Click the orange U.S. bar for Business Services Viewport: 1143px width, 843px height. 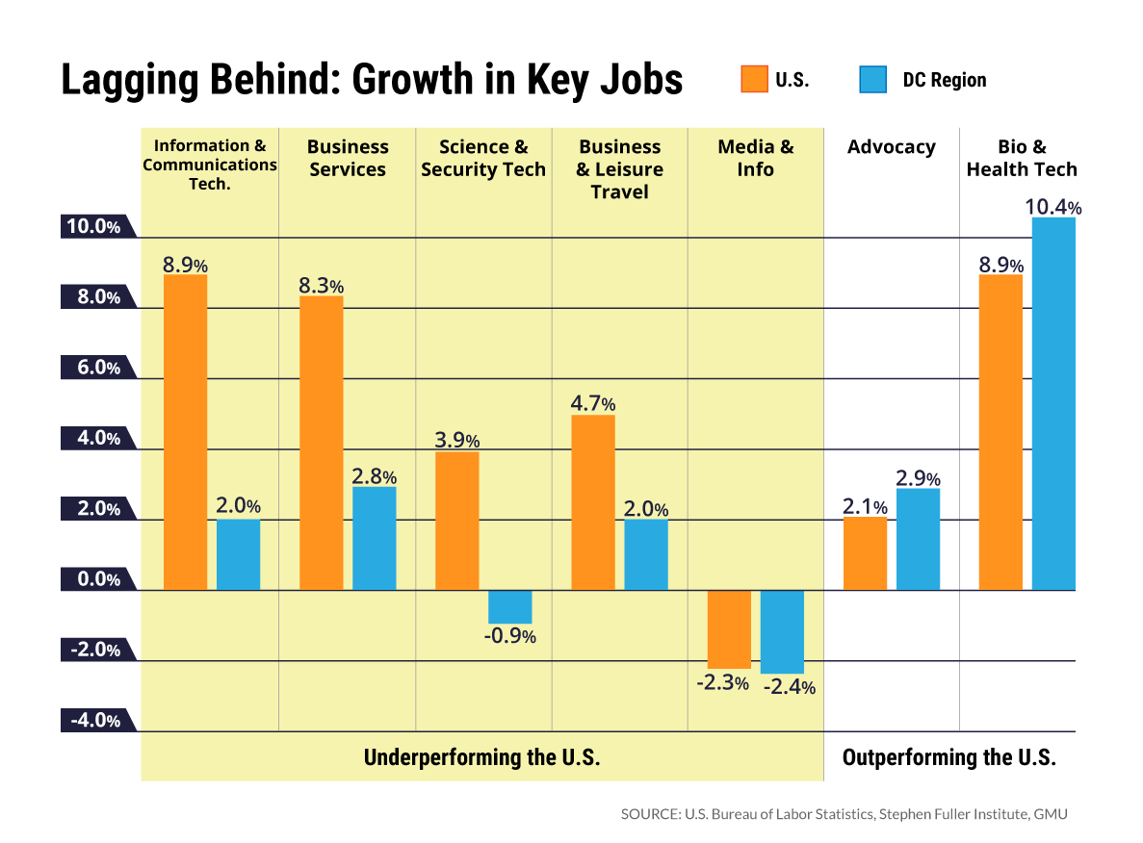(x=322, y=443)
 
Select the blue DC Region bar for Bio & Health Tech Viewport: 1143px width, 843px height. (x=1053, y=404)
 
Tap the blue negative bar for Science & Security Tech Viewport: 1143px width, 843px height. (x=509, y=607)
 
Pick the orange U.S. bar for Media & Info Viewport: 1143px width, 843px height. (x=729, y=629)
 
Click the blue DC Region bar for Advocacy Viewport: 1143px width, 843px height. (x=918, y=539)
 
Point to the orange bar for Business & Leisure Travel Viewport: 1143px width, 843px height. (x=593, y=502)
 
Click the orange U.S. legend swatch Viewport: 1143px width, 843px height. (x=754, y=79)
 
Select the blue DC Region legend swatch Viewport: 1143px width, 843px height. (x=872, y=79)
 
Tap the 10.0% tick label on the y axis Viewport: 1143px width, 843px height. (x=93, y=227)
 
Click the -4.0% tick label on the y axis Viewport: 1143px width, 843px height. (x=93, y=721)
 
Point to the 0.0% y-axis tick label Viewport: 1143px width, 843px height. (x=93, y=579)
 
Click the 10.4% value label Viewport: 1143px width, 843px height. (x=1053, y=207)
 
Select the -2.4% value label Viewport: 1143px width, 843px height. (x=790, y=687)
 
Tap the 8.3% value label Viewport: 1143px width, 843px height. (x=321, y=286)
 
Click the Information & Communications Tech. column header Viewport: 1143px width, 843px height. (x=210, y=165)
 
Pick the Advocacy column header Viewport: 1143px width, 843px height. (x=892, y=147)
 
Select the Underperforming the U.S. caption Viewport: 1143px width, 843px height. (x=481, y=757)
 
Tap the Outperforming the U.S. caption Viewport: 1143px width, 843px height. (x=948, y=757)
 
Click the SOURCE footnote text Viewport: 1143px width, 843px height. (x=844, y=814)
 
